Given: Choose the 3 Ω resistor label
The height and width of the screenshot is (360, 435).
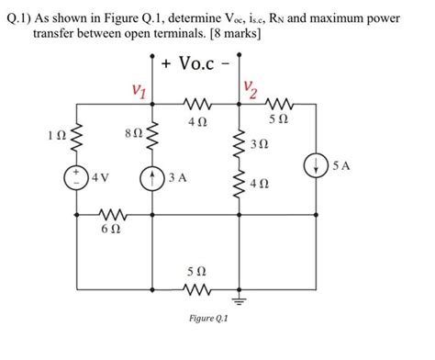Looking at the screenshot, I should [261, 144].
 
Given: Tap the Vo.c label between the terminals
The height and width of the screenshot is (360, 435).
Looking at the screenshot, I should [194, 65].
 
